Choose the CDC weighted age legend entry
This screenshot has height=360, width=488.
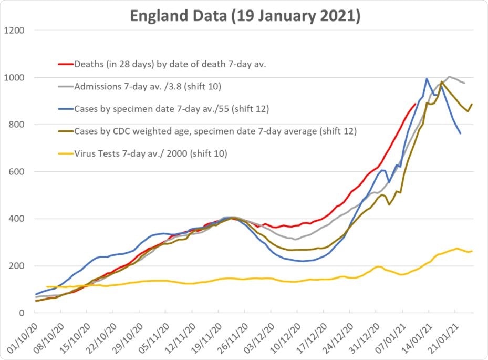point(207,131)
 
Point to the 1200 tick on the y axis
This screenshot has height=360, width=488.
point(14,30)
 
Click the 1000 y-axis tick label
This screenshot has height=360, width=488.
point(14,77)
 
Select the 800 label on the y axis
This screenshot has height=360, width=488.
point(17,125)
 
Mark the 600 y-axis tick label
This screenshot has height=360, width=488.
point(17,172)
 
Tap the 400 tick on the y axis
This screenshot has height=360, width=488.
point(17,219)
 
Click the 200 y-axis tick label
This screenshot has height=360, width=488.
point(17,266)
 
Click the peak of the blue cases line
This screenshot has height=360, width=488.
point(427,79)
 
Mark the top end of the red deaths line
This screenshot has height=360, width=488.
point(416,104)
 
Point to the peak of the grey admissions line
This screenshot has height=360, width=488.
point(449,76)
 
